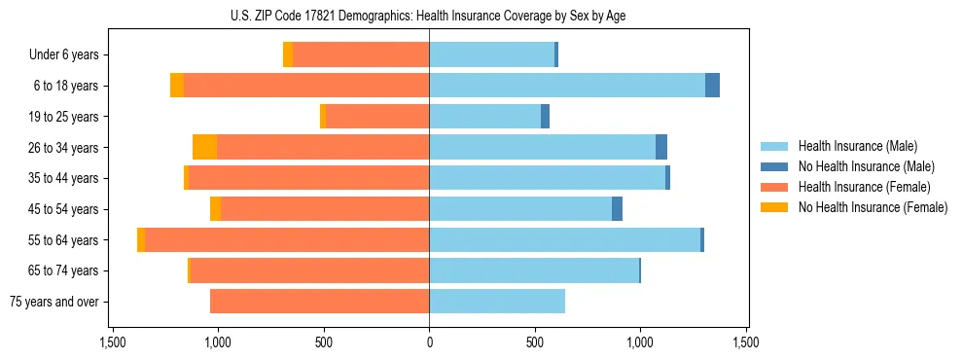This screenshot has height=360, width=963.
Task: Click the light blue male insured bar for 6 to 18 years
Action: pyautogui.click(x=567, y=86)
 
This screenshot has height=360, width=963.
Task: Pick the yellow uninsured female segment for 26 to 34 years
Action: pyautogui.click(x=204, y=147)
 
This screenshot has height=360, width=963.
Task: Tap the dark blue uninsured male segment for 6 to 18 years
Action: pyautogui.click(x=712, y=86)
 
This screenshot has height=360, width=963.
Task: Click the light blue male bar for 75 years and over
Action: pyautogui.click(x=497, y=302)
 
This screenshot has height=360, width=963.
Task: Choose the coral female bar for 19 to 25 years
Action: pyautogui.click(x=376, y=117)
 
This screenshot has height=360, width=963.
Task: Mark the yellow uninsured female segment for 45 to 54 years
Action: pyautogui.click(x=215, y=209)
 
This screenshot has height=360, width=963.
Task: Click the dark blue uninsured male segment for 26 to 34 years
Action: pyautogui.click(x=661, y=147)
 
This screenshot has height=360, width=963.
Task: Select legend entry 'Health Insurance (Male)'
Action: pyautogui.click(x=856, y=146)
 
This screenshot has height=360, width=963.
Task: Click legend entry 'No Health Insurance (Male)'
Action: pyautogui.click(x=863, y=166)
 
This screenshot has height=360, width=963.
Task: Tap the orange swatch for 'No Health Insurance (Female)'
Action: pyautogui.click(x=774, y=207)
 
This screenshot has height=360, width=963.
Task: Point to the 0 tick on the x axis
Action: pyautogui.click(x=429, y=343)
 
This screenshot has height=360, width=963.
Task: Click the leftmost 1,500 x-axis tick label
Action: pyautogui.click(x=112, y=343)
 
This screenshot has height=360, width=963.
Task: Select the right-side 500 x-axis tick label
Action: pyautogui.click(x=534, y=343)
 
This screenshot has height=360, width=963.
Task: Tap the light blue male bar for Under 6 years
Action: pyautogui.click(x=491, y=54)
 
